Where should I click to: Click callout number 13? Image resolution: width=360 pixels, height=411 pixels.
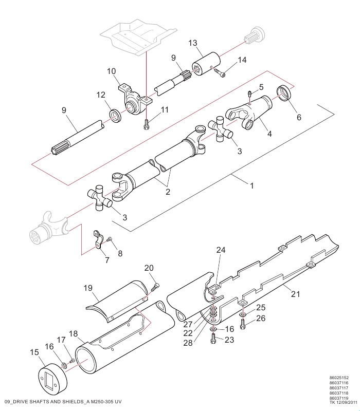pos(192,43)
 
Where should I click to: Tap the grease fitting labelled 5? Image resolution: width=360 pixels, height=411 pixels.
pos(250,93)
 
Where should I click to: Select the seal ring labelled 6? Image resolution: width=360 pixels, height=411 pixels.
pos(284,93)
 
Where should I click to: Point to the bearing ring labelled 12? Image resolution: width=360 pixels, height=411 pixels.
pos(115,117)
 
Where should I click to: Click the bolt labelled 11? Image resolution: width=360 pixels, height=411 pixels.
pos(147,124)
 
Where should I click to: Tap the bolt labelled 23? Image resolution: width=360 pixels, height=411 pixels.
pos(213,339)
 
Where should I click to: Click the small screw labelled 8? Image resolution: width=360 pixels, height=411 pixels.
pos(110,238)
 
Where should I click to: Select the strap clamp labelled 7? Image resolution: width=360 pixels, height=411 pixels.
pos(97,240)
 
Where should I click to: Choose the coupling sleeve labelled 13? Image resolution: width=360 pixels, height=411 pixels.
pos(206,64)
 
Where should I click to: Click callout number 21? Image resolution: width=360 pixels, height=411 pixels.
pos(295,294)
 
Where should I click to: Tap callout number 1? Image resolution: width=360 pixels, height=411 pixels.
pos(252,185)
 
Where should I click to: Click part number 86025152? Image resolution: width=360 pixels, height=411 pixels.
pos(339,378)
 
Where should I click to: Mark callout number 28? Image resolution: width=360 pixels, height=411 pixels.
pos(188,343)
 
